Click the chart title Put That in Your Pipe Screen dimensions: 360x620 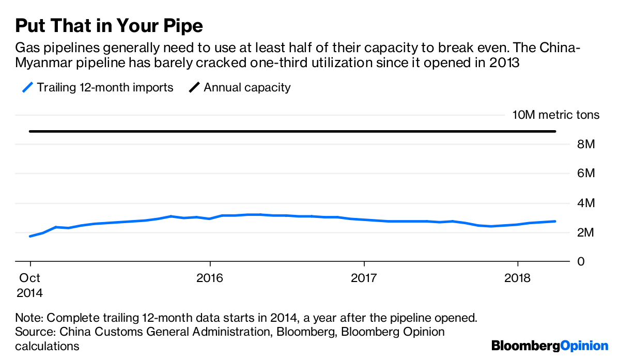[x=109, y=25]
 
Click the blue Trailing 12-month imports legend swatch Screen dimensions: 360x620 [x=28, y=87]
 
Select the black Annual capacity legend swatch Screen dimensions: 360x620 [x=195, y=87]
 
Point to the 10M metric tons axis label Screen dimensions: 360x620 [x=556, y=115]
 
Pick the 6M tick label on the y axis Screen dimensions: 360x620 [x=586, y=174]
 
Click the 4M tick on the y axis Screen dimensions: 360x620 [x=586, y=203]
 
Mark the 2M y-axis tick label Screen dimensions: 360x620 [x=586, y=232]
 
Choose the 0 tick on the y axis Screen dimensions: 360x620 [x=582, y=261]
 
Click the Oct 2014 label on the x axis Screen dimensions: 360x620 [x=29, y=285]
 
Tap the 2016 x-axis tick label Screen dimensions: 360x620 [x=210, y=278]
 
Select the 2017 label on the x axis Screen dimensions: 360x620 [x=364, y=278]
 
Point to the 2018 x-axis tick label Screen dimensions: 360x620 [x=518, y=278]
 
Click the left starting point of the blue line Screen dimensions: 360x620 [x=30, y=236]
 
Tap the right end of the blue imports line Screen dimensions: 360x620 [x=555, y=221]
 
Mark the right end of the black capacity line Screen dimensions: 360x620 [x=555, y=131]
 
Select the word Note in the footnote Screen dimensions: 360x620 [x=28, y=318]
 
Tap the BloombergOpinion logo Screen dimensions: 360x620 [x=550, y=346]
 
